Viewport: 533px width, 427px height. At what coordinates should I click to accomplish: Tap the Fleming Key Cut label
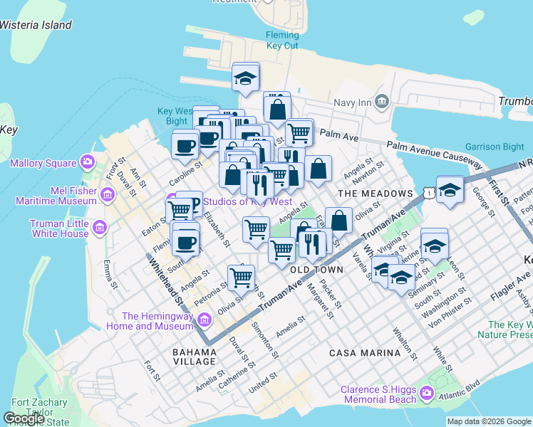[282, 41]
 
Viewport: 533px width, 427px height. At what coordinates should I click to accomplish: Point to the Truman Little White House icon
[99, 228]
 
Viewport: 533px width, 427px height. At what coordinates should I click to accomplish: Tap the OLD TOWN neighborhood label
[316, 270]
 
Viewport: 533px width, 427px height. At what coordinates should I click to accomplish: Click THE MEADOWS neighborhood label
[376, 194]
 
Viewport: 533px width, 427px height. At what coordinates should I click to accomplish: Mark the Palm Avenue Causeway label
[435, 154]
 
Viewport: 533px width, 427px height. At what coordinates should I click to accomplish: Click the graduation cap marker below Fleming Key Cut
[246, 78]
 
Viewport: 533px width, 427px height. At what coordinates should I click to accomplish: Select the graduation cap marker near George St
[450, 190]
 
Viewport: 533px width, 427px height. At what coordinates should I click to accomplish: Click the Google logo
[24, 418]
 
